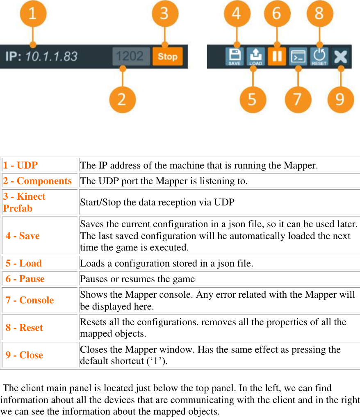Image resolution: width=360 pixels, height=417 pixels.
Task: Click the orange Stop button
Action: pyautogui.click(x=167, y=57)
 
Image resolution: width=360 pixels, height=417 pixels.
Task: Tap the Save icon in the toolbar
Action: pyautogui.click(x=234, y=57)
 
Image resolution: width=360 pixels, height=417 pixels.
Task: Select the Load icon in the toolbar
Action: pyautogui.click(x=255, y=57)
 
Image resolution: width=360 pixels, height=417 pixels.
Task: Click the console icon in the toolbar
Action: pyautogui.click(x=298, y=57)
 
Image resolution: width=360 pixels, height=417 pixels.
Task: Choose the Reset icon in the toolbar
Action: pyautogui.click(x=319, y=57)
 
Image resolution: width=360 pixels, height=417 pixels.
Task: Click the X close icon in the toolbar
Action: pyautogui.click(x=340, y=57)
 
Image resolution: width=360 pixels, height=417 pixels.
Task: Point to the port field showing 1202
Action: pyautogui.click(x=131, y=57)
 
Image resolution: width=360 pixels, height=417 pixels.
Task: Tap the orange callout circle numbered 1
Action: pyautogui.click(x=33, y=14)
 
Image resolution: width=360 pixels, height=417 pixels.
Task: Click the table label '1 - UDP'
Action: pyautogui.click(x=21, y=166)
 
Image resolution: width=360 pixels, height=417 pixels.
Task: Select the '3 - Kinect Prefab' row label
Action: pyautogui.click(x=24, y=202)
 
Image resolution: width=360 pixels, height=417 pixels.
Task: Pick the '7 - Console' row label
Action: pyautogui.click(x=30, y=300)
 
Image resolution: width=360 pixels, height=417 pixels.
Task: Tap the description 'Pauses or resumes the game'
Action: pyautogui.click(x=137, y=279)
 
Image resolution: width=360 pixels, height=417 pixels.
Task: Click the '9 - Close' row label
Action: pyautogui.click(x=24, y=355)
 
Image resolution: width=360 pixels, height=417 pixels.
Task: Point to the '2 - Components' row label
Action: pyautogui.click(x=37, y=181)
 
